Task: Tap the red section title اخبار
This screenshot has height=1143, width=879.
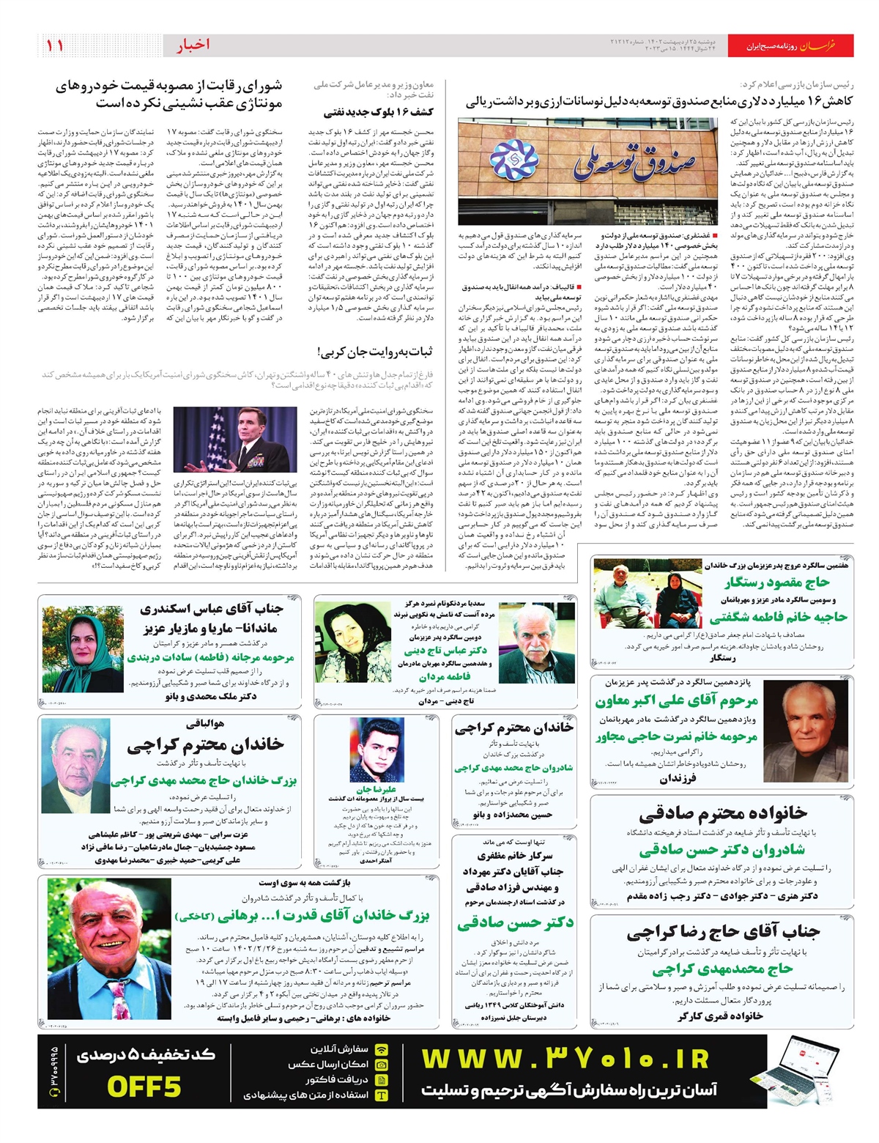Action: tap(193, 45)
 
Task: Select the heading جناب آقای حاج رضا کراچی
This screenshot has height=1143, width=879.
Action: tap(722, 933)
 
